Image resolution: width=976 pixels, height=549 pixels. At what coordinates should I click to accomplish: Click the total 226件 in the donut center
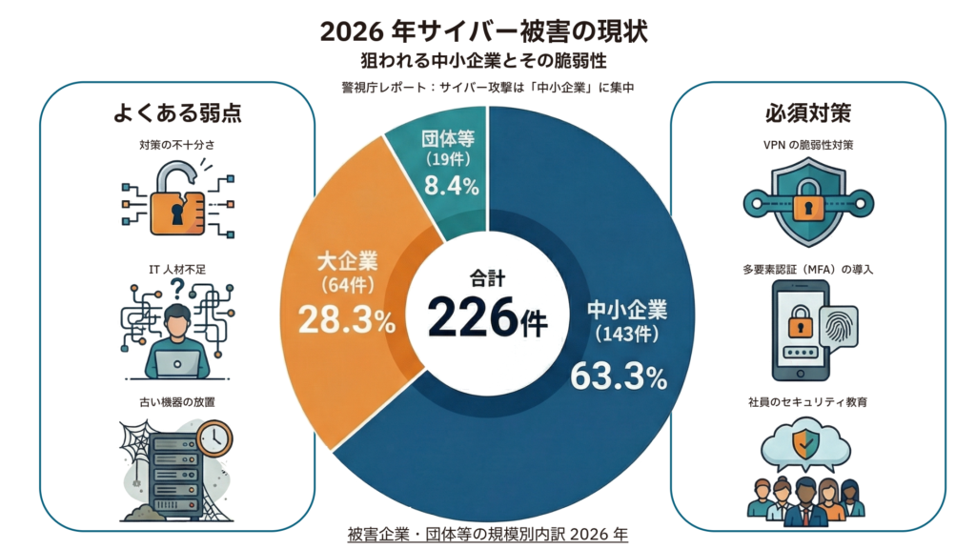click(x=487, y=317)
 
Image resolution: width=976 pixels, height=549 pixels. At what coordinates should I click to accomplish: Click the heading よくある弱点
click(x=176, y=113)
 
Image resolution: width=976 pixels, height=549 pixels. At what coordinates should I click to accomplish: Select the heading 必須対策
click(x=807, y=113)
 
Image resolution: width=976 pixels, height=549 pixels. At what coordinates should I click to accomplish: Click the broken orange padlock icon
click(x=177, y=202)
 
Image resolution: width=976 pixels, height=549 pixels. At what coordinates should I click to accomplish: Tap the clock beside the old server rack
click(x=215, y=437)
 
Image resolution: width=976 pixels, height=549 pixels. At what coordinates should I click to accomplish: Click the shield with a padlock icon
click(x=807, y=201)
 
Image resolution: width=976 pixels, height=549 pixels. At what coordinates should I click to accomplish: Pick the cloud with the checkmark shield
click(x=807, y=444)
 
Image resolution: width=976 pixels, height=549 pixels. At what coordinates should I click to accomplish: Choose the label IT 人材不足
click(x=177, y=270)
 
